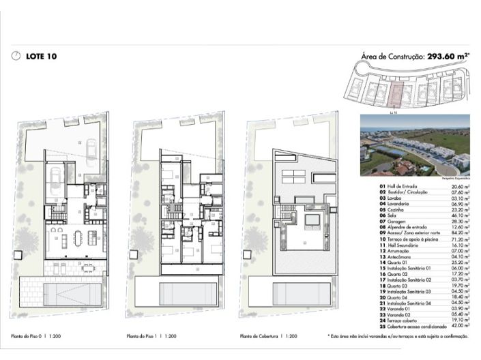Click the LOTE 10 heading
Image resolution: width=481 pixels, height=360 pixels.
(41, 57)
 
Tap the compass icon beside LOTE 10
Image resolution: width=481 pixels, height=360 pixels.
(16, 57)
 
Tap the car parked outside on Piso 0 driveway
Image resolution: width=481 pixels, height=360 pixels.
(90, 145)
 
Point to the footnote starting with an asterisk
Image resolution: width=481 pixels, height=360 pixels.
(398, 336)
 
